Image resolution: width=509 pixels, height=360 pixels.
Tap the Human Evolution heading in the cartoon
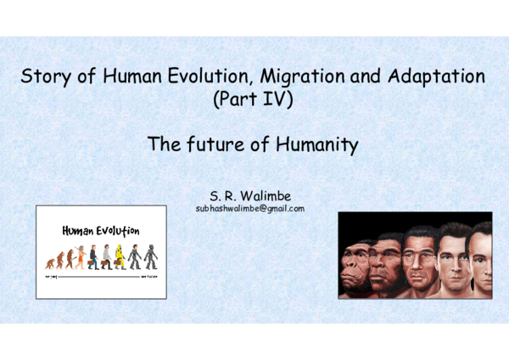(x=100, y=230)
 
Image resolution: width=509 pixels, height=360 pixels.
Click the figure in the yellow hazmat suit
(x=120, y=255)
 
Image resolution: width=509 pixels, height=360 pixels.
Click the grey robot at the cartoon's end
(x=149, y=256)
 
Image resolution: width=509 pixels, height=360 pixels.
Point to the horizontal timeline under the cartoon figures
(x=100, y=269)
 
